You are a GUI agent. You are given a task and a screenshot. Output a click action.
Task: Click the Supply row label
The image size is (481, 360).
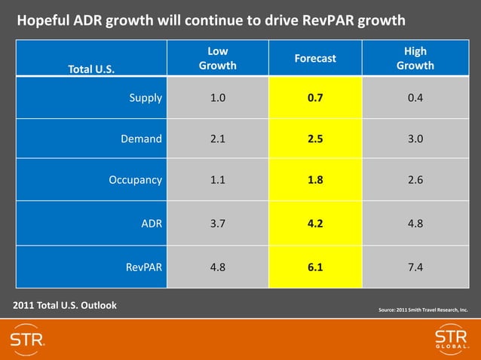coord(146,97)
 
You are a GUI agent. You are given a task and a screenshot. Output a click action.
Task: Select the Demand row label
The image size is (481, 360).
coord(141,139)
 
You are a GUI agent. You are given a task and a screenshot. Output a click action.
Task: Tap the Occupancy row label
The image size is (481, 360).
coord(135,180)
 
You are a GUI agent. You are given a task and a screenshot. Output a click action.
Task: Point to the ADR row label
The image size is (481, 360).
coord(152,223)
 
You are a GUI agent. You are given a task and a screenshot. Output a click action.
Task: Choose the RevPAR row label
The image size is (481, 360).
coord(143,266)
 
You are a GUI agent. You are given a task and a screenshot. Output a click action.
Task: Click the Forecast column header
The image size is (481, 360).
coord(315,58)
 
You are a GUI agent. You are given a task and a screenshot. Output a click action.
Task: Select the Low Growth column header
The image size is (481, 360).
coord(217,58)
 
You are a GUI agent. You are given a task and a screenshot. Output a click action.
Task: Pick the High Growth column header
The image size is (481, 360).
coord(415,58)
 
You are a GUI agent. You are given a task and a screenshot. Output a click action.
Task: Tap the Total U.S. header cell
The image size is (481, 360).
coord(91,69)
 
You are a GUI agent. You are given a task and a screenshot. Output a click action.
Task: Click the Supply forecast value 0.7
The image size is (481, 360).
coord(315,97)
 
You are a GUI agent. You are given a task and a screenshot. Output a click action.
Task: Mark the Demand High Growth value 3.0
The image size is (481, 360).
coord(415,139)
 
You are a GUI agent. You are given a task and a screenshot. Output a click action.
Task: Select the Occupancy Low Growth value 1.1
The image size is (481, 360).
coord(217,180)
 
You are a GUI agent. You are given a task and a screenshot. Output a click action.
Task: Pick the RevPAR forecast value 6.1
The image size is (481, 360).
coord(315,266)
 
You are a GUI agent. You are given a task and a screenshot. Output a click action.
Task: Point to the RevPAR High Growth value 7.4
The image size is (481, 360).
coord(415,266)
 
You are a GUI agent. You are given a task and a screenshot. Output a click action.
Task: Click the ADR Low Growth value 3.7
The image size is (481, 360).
coord(217,223)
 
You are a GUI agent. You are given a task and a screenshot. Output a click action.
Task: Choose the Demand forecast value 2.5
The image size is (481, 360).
coord(315,139)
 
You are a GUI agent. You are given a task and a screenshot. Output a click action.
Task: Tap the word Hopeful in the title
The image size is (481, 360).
coord(43,20)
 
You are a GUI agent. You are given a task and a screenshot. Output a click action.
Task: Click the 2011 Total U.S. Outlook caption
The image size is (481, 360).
coord(65,305)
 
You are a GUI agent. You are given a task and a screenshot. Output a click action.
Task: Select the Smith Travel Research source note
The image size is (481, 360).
coord(422,309)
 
